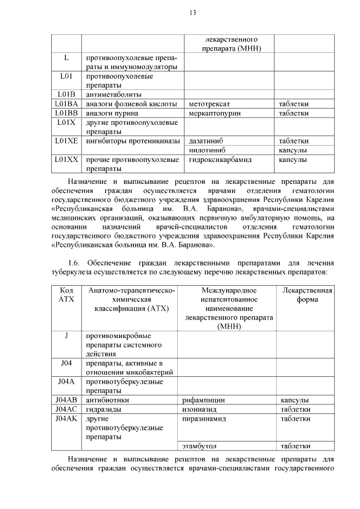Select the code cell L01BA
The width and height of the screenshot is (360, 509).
(66, 104)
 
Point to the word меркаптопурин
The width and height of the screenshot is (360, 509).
(215, 113)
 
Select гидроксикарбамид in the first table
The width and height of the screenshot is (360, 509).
(220, 160)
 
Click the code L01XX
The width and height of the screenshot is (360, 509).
(66, 160)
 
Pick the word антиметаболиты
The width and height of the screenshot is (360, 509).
(113, 94)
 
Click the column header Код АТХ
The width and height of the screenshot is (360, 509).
(66, 295)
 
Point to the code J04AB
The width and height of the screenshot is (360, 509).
(66, 400)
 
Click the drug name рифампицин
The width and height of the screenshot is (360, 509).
(204, 400)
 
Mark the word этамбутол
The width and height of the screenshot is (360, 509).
(199, 446)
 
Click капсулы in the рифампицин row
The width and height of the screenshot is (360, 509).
(294, 400)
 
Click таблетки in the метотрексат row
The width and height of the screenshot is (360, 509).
(294, 104)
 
